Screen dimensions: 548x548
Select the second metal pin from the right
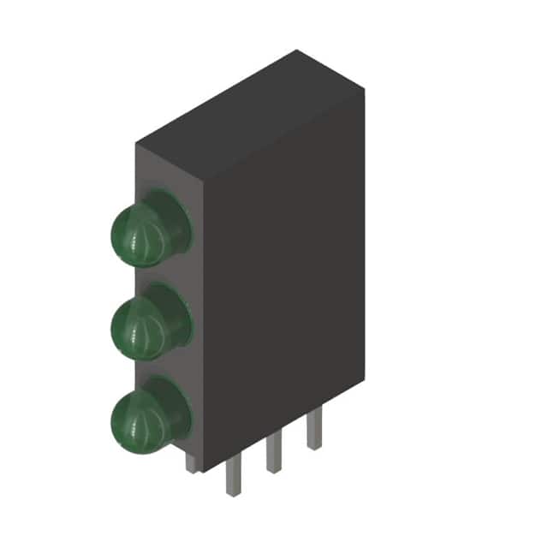[274, 454]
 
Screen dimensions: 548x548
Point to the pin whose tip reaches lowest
[233, 479]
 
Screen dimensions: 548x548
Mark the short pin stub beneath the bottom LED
[191, 463]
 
